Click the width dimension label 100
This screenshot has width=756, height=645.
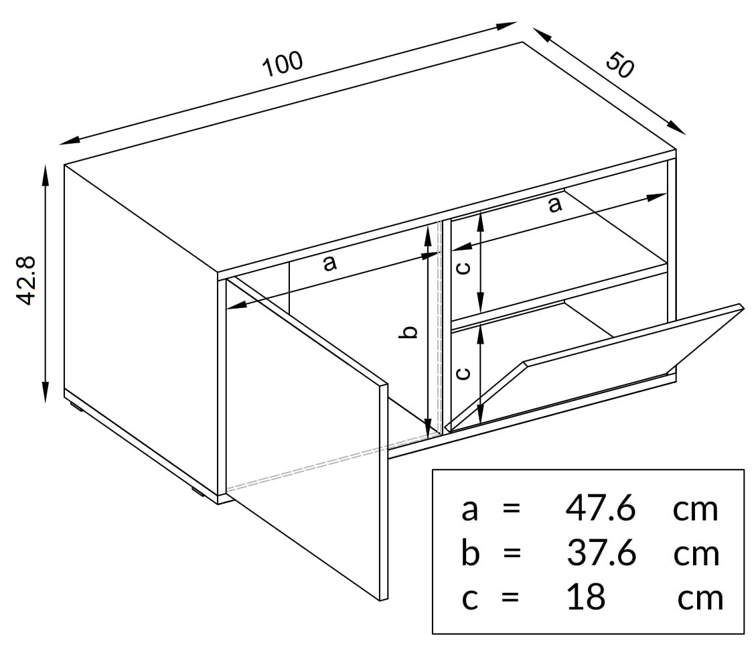pos(283,63)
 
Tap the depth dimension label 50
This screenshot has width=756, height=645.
pos(620,65)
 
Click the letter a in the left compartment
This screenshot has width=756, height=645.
pos(329,263)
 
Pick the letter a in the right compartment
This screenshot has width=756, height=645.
pos(555,204)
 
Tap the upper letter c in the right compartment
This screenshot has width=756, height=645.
pos(463,267)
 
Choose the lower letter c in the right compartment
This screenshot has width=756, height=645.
pos(463,373)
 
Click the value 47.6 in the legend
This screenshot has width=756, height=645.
pos(600,508)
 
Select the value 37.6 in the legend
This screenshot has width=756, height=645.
pos(601,553)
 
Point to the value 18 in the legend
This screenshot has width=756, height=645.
pos(586,597)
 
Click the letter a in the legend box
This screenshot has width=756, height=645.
pos(469,510)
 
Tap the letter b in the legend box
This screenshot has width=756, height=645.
pos(470,553)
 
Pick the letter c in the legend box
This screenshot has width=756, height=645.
pos(469,599)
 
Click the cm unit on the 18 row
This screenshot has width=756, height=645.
pos(700,599)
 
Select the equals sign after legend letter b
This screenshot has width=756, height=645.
pos(512,553)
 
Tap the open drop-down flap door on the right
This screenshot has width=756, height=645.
pos(593,366)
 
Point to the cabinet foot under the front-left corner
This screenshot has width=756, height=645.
pos(197,492)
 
